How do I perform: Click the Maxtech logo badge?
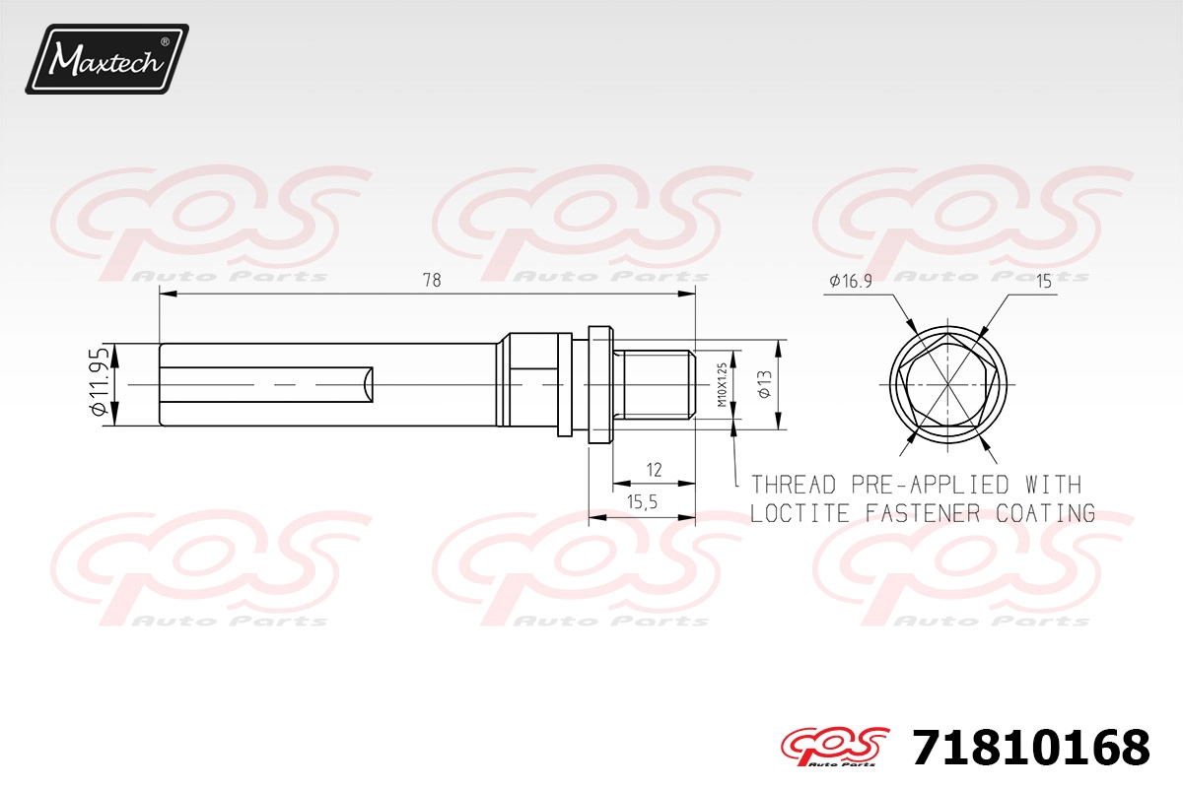coord(106,59)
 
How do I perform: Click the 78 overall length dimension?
coord(432,281)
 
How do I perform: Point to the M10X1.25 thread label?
coord(723,384)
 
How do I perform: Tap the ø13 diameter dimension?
coord(764,384)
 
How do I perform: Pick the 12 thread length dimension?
coord(654,469)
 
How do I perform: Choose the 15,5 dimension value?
coord(642,502)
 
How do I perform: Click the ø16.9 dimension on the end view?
coord(851,281)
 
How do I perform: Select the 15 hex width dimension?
coord(1044,282)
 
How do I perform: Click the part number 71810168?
coord(1030,748)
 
